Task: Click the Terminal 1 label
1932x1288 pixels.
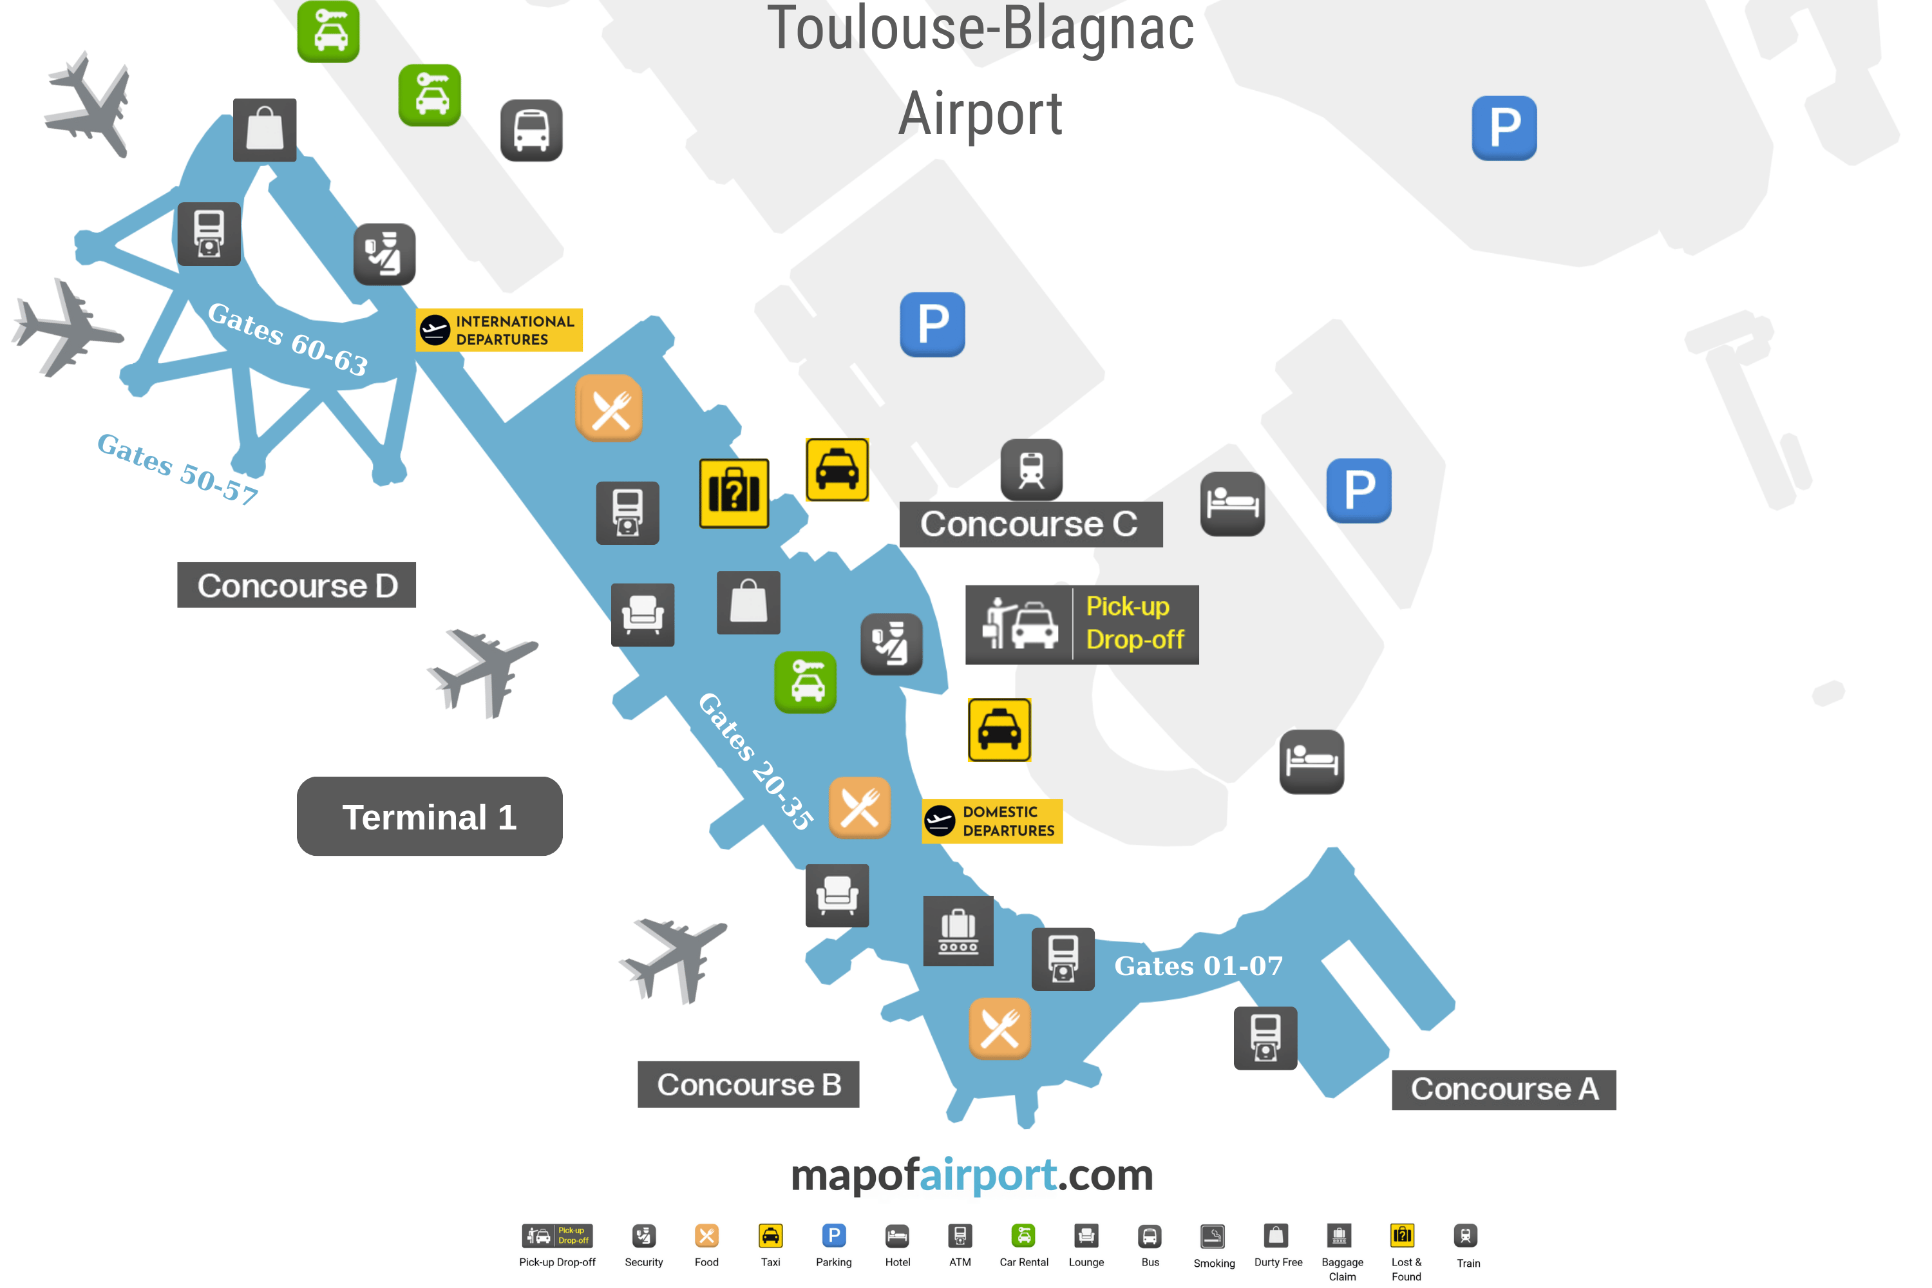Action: click(x=429, y=817)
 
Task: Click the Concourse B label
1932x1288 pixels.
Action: click(x=748, y=1084)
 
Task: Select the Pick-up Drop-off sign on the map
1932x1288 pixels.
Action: click(x=1081, y=624)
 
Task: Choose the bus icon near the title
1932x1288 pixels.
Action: click(x=531, y=131)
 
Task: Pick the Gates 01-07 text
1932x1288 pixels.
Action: click(x=1198, y=966)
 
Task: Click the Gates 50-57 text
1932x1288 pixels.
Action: click(x=178, y=468)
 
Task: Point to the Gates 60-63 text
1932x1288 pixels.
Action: click(x=287, y=339)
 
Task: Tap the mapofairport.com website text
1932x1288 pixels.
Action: click(x=972, y=1175)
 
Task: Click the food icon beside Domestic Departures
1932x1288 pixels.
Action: click(x=859, y=808)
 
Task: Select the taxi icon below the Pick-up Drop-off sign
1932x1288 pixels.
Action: click(x=999, y=730)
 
